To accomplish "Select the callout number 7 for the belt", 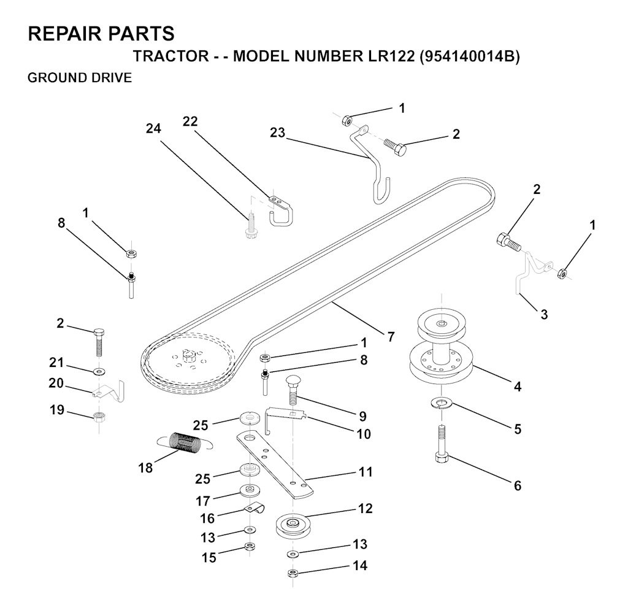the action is click(x=391, y=336).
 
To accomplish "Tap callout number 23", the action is click(x=277, y=132).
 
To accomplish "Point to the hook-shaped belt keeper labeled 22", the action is click(x=280, y=209).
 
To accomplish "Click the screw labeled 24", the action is click(x=250, y=226).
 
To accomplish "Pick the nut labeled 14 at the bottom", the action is click(x=293, y=573).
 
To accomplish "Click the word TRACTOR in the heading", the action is click(x=171, y=56).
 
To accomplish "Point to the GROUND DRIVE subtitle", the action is click(x=80, y=77).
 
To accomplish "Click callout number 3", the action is click(x=543, y=314).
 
